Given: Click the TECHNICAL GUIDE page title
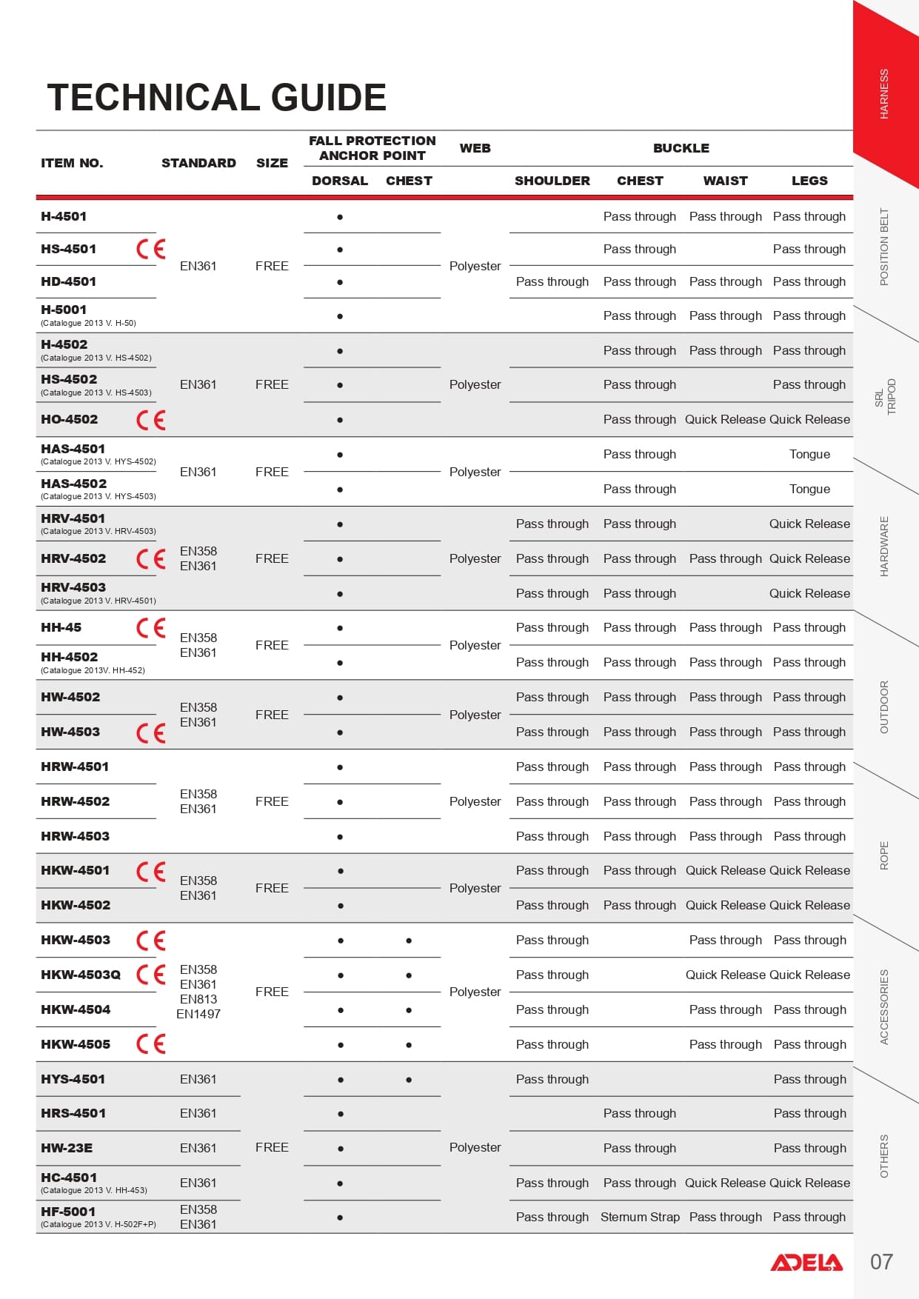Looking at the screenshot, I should (x=216, y=98).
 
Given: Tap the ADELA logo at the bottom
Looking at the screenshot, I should (x=806, y=1262).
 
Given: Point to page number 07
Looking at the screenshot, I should (x=881, y=1262).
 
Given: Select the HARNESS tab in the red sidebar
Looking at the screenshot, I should (x=883, y=94).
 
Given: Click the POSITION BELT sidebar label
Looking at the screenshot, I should (x=883, y=247).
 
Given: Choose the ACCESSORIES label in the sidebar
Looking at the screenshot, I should (x=883, y=1007).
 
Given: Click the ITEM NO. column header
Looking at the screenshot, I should (x=72, y=163).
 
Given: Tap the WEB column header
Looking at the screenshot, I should (x=475, y=148).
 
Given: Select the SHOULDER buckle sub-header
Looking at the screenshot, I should (x=552, y=181).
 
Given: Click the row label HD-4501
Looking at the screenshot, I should (x=68, y=281).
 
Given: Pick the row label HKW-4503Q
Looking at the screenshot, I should (x=81, y=975).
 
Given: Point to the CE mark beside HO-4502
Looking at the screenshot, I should (x=151, y=420).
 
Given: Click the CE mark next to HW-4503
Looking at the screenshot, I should (x=151, y=732).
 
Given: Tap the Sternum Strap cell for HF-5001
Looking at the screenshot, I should (x=640, y=1217).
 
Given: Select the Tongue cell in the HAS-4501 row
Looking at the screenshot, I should (x=809, y=454).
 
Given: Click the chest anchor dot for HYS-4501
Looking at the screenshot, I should (x=409, y=1080).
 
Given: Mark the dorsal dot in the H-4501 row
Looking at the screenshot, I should (x=340, y=217).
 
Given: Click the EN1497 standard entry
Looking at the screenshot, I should (x=198, y=1014).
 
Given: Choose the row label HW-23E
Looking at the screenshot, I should (x=67, y=1148).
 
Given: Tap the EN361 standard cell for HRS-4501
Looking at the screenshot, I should (x=198, y=1113).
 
